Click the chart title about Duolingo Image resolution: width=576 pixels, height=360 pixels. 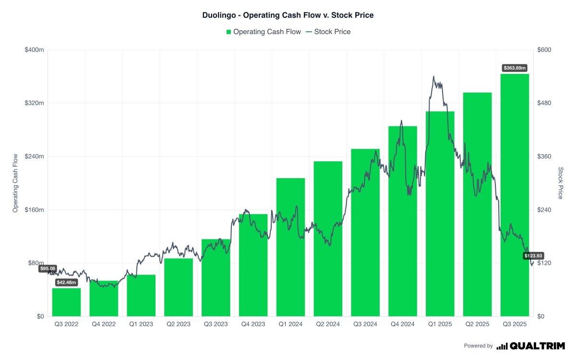pos(288,15)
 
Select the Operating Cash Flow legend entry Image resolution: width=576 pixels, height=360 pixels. pos(264,32)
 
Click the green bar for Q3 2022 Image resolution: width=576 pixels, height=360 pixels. pos(66,302)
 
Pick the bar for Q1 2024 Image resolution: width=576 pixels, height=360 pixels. pos(290,247)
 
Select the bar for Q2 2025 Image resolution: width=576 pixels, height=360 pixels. pos(477,204)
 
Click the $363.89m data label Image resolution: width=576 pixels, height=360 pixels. pos(515,68)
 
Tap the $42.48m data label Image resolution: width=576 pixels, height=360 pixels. pos(66,282)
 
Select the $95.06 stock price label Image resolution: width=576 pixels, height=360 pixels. pos(48,269)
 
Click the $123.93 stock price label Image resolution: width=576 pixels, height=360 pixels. pos(533,256)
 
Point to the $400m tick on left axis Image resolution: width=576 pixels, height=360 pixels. pos(34,50)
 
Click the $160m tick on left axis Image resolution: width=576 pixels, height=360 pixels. pos(34,210)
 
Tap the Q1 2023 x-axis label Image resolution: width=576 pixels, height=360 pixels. pos(141,324)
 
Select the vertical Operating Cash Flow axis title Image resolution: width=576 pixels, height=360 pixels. pos(15,183)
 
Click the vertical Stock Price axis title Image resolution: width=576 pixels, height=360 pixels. pos(560,183)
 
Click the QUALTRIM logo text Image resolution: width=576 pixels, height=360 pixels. pos(537,346)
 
